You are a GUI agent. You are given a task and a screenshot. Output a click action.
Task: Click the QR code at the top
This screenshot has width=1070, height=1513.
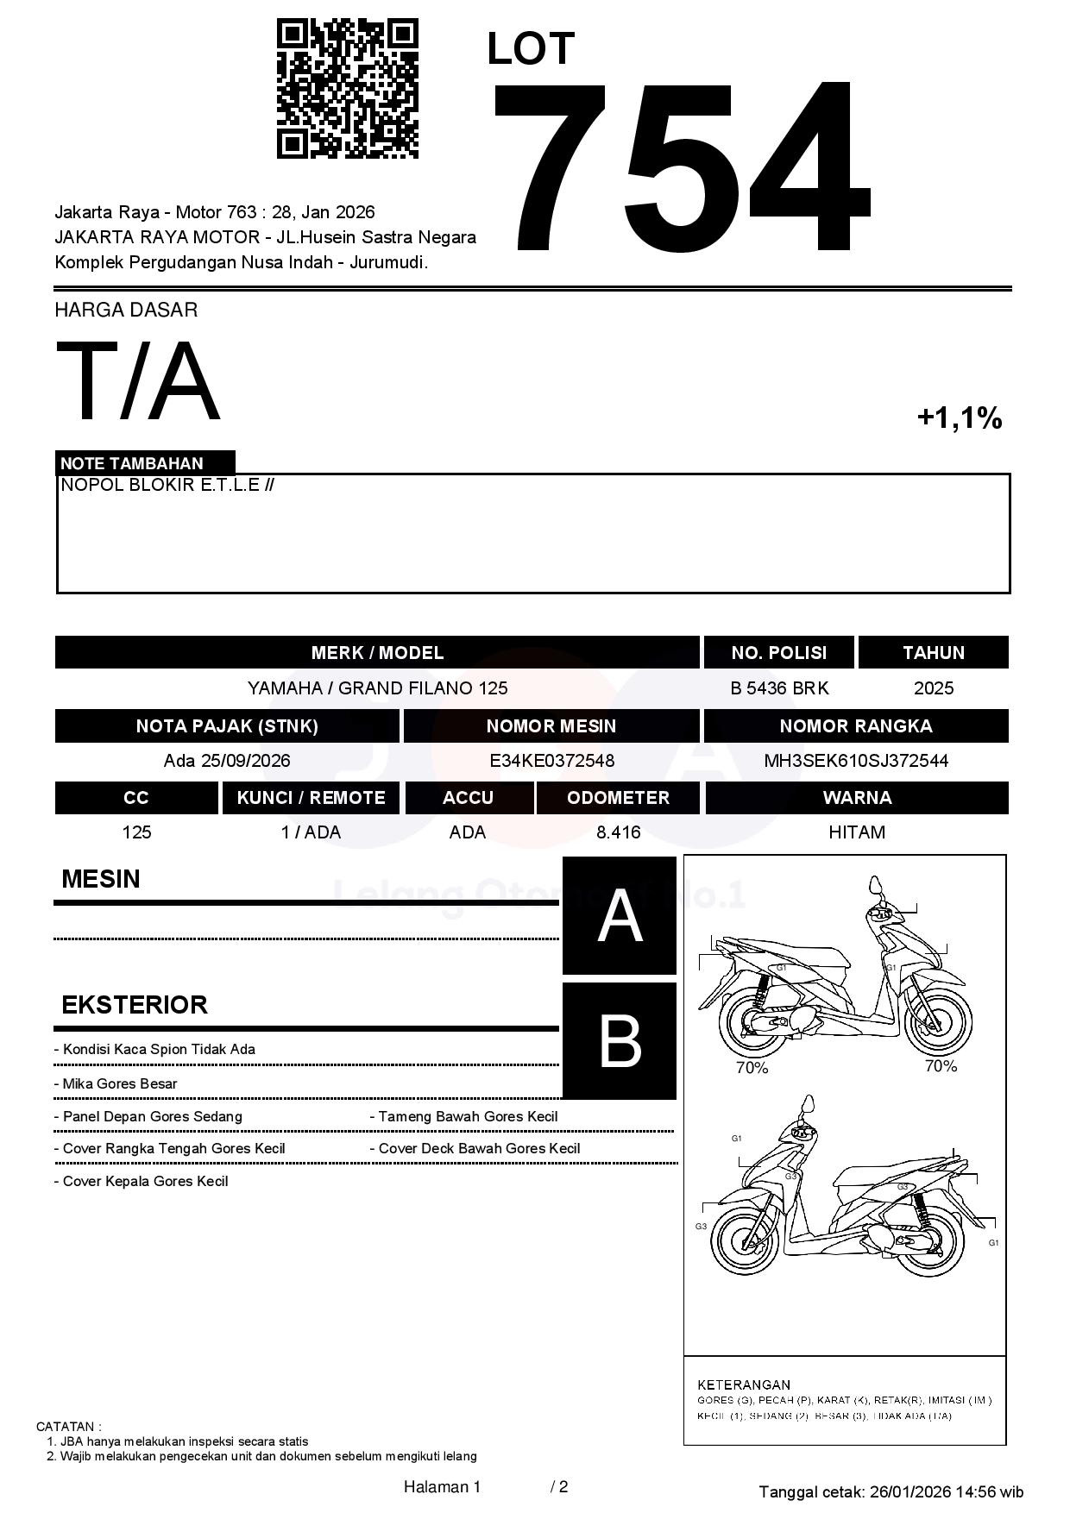click(x=347, y=89)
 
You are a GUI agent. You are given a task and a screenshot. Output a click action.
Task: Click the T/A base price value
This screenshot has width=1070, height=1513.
click(x=138, y=382)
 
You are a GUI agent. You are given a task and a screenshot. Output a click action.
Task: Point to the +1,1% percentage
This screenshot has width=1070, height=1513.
click(x=959, y=418)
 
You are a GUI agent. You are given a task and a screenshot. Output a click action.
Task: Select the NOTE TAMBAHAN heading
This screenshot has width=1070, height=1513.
click(x=132, y=463)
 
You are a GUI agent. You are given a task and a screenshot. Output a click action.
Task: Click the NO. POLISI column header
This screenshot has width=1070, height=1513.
click(x=778, y=653)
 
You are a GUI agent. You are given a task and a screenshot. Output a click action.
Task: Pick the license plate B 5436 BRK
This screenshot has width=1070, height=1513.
click(x=778, y=688)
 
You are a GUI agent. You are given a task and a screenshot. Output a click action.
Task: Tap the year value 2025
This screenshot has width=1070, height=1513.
click(x=934, y=688)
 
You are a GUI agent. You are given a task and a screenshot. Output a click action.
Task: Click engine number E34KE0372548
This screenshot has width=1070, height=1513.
click(x=551, y=761)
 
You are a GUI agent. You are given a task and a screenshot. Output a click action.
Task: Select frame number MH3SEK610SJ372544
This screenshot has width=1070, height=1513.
click(x=856, y=761)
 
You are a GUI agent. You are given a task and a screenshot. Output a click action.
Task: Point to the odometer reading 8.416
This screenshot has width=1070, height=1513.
click(x=618, y=832)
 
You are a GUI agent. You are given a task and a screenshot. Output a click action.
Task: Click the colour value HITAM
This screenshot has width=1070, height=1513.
click(x=856, y=832)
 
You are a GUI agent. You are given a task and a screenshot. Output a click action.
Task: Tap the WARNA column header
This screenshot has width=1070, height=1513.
click(x=856, y=798)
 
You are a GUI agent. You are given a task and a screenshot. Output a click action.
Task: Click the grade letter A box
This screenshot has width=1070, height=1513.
click(x=620, y=916)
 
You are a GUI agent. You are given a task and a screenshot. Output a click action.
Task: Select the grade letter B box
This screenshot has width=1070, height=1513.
click(x=620, y=1041)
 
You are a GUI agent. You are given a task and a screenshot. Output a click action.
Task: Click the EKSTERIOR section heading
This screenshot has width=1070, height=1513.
click(x=135, y=1005)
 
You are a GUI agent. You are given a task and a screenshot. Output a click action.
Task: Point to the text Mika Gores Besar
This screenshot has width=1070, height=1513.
click(x=120, y=1084)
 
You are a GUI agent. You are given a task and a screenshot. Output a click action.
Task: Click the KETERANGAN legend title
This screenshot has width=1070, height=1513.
click(x=744, y=1384)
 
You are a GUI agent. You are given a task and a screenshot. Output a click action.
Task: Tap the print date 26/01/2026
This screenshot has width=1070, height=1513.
click(x=909, y=1491)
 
